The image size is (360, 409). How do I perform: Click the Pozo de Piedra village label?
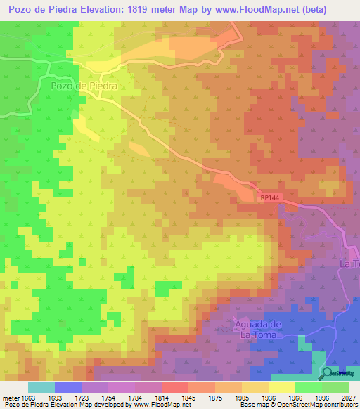[x=83, y=85]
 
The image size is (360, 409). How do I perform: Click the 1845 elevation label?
[x=188, y=397]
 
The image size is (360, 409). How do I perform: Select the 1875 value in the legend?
[x=215, y=397]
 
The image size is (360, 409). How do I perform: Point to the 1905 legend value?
[x=242, y=397]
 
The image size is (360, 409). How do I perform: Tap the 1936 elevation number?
[x=269, y=397]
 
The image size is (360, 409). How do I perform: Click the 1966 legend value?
[x=295, y=397]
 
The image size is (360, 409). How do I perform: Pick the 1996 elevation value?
[x=322, y=397]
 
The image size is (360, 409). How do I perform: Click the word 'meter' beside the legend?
[x=9, y=397]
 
